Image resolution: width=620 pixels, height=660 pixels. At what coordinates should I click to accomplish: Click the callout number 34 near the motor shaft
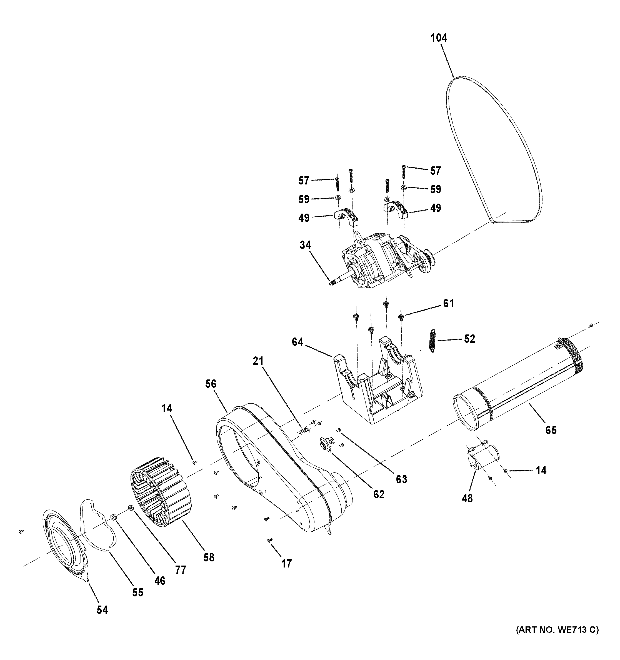pyautogui.click(x=305, y=245)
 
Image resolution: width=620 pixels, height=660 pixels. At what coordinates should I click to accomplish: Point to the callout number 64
pyautogui.click(x=297, y=342)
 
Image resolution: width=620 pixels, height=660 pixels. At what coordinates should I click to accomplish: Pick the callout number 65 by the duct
pyautogui.click(x=551, y=430)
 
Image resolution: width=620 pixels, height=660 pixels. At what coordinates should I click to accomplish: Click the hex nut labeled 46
pyautogui.click(x=113, y=517)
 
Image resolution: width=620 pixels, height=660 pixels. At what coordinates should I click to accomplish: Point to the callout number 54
pyautogui.click(x=102, y=609)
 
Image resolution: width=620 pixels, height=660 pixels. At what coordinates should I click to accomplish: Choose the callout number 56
pyautogui.click(x=211, y=384)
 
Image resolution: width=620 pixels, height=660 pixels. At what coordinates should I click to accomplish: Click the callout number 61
pyautogui.click(x=448, y=303)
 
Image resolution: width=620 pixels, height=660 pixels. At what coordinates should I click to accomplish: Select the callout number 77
pyautogui.click(x=181, y=570)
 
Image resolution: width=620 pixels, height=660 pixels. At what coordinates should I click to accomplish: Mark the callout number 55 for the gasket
pyautogui.click(x=138, y=592)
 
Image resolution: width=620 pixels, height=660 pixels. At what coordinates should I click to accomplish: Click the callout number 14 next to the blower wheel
pyautogui.click(x=167, y=408)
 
